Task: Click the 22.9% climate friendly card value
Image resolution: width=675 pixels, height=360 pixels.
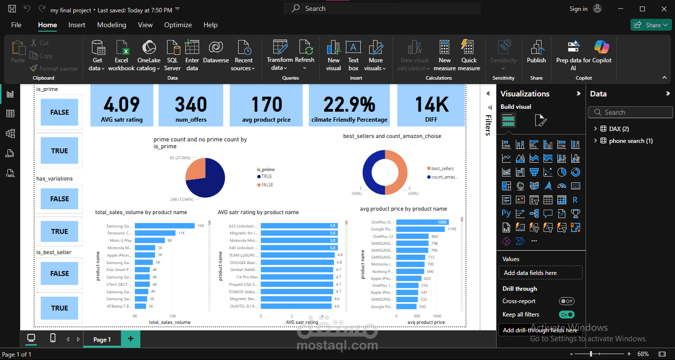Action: (349, 105)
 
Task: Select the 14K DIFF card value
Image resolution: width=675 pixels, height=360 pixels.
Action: (431, 105)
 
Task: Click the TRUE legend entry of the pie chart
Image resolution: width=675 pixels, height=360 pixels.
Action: (266, 177)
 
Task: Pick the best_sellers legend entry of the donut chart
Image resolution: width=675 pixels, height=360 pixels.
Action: (442, 169)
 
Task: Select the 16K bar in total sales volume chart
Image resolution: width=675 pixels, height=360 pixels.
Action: (165, 225)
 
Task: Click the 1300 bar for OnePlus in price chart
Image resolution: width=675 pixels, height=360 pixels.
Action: (422, 222)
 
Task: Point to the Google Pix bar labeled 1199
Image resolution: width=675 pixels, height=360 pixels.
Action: (420, 229)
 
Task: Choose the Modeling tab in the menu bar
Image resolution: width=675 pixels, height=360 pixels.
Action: (112, 25)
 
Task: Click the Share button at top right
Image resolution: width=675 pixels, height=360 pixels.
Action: (650, 25)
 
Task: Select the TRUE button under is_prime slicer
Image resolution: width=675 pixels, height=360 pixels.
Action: (59, 151)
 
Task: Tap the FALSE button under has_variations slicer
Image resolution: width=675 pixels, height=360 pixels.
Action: (59, 199)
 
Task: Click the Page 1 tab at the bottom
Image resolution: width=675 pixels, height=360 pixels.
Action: (102, 339)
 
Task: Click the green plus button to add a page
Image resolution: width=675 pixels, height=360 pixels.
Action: (130, 339)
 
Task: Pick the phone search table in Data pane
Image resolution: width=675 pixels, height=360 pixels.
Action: (631, 141)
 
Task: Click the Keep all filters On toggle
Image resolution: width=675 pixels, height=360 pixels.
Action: (567, 315)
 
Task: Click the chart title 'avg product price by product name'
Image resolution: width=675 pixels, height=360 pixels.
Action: (403, 209)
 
